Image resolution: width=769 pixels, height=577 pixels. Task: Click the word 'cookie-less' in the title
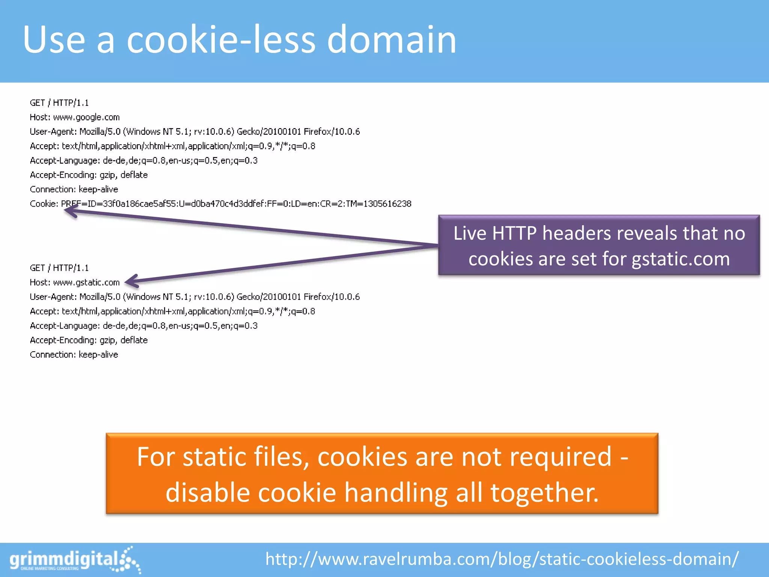(x=221, y=39)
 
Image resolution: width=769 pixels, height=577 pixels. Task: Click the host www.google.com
(x=86, y=117)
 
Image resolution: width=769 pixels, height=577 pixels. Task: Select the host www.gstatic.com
(x=86, y=282)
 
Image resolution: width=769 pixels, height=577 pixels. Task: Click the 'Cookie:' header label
(x=44, y=204)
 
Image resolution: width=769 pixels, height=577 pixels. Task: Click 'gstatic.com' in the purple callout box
(x=680, y=259)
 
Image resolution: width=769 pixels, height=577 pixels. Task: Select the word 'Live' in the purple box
(x=470, y=233)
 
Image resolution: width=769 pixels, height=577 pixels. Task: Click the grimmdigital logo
(x=75, y=560)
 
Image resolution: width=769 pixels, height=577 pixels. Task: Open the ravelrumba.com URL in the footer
(x=502, y=559)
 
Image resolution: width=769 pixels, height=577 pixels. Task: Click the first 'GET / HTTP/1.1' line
(x=59, y=103)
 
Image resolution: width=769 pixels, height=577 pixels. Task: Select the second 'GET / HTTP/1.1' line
(x=59, y=268)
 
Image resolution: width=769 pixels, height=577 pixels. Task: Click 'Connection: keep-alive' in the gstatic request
(x=74, y=355)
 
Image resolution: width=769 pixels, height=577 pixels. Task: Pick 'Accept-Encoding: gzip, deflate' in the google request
(x=89, y=175)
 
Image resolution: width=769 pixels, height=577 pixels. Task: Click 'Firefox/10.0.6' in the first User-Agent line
(x=332, y=131)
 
